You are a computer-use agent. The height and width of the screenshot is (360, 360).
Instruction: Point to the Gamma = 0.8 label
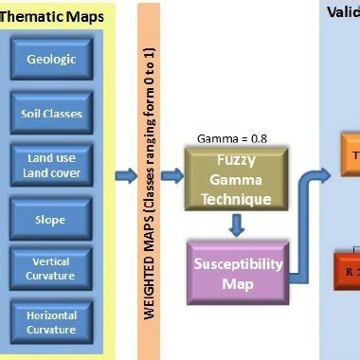pos(232,138)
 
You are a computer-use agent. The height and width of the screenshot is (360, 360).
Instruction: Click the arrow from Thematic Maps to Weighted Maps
pos(125,175)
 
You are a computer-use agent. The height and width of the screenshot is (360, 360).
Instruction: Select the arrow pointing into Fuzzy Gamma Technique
pos(171,175)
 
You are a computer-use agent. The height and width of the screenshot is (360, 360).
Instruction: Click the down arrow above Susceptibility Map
pos(236,225)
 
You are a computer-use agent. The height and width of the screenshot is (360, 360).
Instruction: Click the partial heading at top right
pos(343,11)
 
